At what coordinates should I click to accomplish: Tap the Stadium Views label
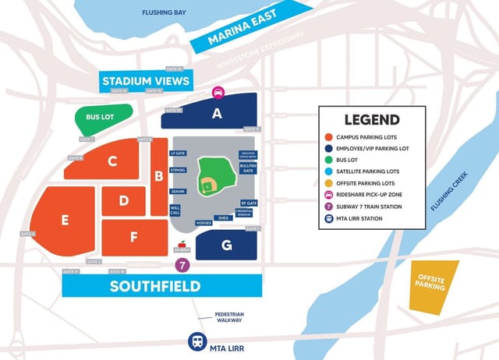coord(146,81)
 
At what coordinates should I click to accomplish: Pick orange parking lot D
coord(123,201)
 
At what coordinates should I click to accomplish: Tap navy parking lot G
coord(226,245)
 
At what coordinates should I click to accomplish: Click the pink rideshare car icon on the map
coord(219,91)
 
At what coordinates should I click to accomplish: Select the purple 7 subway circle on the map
coord(182,265)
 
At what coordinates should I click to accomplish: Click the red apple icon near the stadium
coord(182,245)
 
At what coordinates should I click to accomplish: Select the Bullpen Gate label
coord(247,168)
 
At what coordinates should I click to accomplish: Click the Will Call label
coord(175,210)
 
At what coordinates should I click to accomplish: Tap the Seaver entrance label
coord(178,191)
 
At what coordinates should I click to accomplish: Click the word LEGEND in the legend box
coord(372,120)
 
